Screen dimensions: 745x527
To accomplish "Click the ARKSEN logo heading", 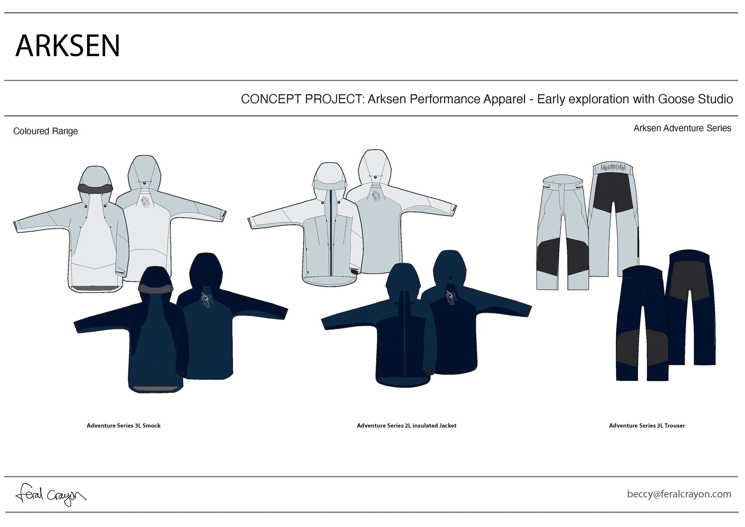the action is (67, 46).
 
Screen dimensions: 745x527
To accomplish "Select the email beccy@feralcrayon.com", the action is (679, 494).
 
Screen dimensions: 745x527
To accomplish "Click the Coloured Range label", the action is (45, 131).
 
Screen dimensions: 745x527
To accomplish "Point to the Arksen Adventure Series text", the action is (682, 128).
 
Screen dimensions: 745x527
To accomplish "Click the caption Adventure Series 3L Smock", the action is (123, 425).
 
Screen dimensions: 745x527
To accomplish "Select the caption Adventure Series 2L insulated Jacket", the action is (406, 425).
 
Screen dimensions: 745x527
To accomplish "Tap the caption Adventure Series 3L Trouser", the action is (647, 425).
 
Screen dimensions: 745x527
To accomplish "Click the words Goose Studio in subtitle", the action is (695, 99).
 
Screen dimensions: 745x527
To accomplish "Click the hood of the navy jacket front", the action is (403, 276).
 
